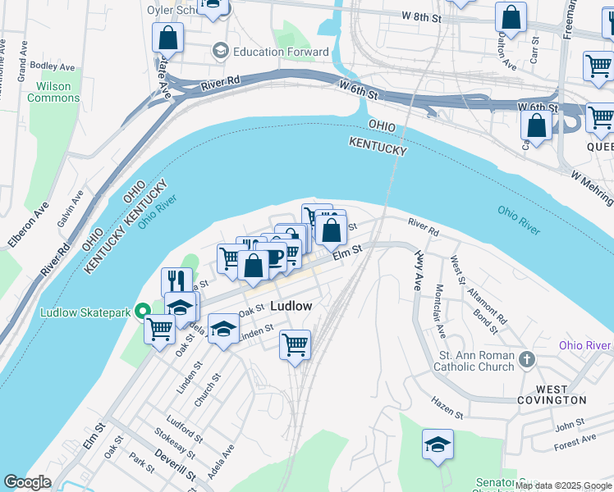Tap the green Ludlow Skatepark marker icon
tap(142, 311)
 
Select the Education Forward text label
tap(280, 52)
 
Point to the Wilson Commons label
tap(54, 92)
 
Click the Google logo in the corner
tap(27, 482)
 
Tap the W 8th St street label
tap(424, 16)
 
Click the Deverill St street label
tap(174, 464)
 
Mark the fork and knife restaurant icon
tap(176, 281)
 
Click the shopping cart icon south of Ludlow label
tap(295, 344)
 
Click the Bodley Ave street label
tap(52, 66)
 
